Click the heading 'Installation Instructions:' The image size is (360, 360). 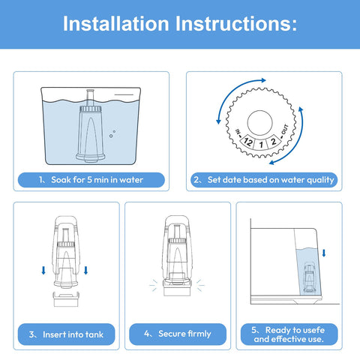[180, 24]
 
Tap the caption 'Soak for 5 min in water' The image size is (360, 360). [91, 179]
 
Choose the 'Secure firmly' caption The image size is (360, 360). [179, 334]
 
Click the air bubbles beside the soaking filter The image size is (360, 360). [112, 133]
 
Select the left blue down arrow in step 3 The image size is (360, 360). [43, 269]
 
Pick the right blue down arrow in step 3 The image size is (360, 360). [86, 269]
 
